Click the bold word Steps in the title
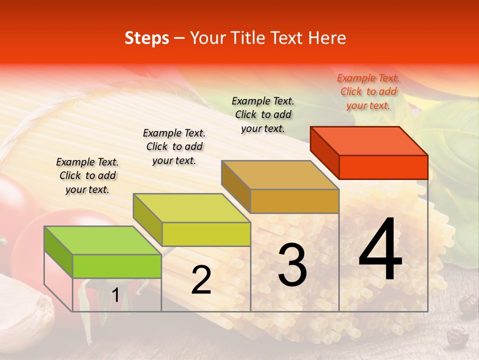[147, 38]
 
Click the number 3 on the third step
[292, 265]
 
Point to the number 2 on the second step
[201, 280]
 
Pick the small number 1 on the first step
[115, 295]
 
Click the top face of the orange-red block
[369, 141]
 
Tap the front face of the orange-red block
[383, 167]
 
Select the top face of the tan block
[280, 175]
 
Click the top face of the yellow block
[192, 208]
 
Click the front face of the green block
[117, 266]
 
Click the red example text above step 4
[368, 91]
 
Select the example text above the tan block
[263, 114]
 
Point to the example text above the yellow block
[174, 146]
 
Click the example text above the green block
[87, 175]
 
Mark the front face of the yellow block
[206, 234]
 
